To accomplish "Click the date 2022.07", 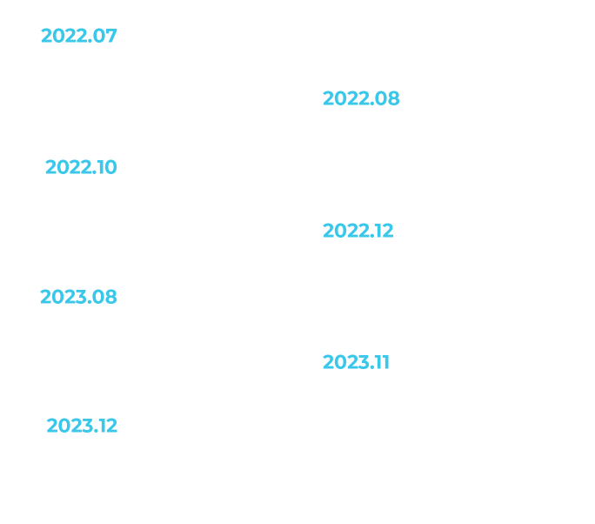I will pos(78,36).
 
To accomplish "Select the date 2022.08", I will pos(361,99).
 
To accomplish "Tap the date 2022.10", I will pos(81,166).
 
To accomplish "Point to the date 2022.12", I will pos(358,231).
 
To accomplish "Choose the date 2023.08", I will pos(78,297).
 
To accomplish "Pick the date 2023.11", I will pos(356,361).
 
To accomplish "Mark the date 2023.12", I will pos(81,427).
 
